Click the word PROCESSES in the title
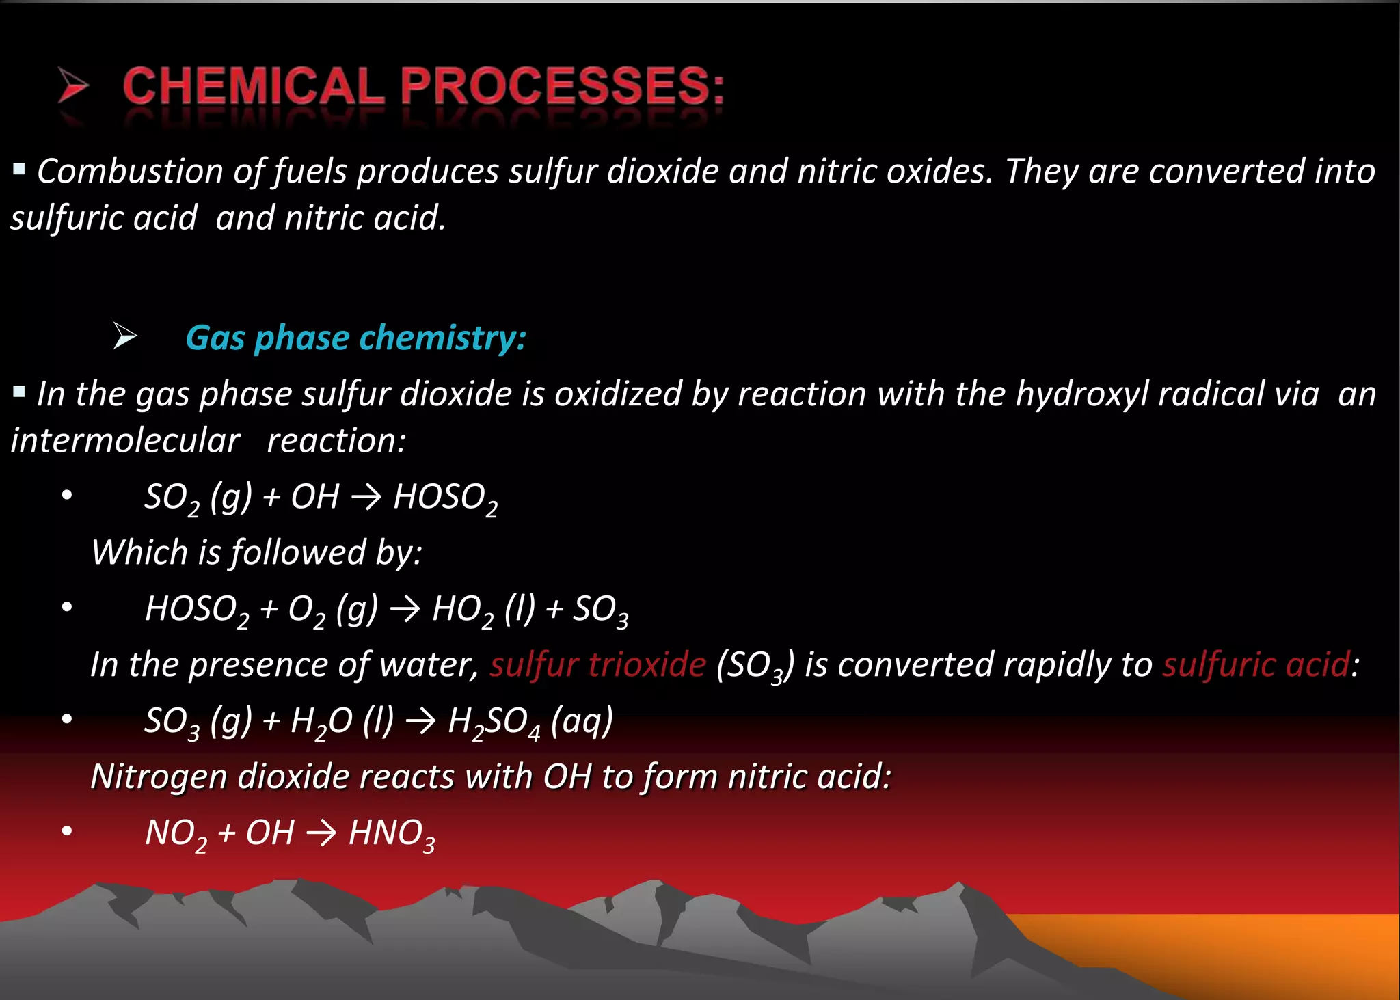(x=562, y=87)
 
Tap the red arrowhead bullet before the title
(x=72, y=85)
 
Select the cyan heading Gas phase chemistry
(x=355, y=338)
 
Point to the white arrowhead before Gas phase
(x=124, y=336)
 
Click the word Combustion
(x=130, y=171)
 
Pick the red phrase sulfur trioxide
(x=597, y=664)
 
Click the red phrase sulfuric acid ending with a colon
(x=1256, y=664)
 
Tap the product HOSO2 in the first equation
(x=445, y=498)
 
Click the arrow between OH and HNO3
(x=321, y=833)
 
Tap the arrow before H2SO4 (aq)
(x=420, y=721)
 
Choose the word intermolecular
(x=126, y=441)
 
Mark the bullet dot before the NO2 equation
(x=66, y=831)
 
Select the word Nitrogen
(x=159, y=777)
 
